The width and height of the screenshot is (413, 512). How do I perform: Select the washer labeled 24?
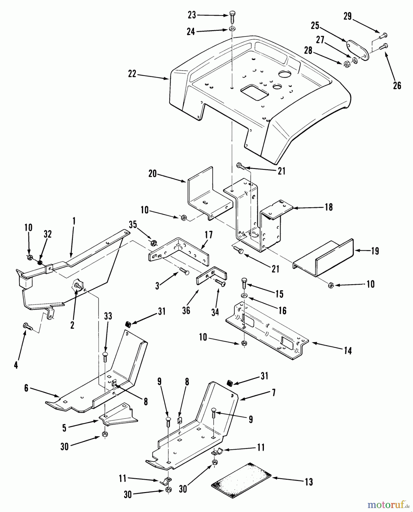pos(232,29)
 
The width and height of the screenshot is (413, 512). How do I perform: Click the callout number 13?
pos(308,482)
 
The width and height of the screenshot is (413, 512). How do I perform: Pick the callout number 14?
pos(347,351)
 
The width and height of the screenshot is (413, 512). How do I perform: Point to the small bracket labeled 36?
pos(211,276)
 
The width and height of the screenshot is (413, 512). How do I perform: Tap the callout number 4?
pos(16,365)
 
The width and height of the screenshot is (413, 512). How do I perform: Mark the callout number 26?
pos(397,85)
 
